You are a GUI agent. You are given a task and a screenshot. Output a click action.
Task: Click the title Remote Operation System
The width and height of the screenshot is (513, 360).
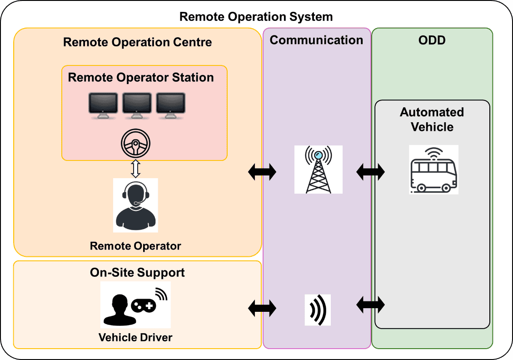click(x=256, y=17)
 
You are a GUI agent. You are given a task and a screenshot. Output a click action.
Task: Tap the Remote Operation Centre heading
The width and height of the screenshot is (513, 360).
click(x=137, y=42)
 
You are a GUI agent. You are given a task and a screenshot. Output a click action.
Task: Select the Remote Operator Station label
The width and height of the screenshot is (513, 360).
click(x=141, y=77)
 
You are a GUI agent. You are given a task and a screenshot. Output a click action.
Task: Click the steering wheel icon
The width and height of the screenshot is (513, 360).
click(x=135, y=145)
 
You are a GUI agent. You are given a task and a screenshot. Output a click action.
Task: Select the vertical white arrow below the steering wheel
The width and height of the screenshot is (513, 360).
click(x=135, y=168)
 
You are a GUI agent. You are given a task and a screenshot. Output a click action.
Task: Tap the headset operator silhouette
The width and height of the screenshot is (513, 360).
click(x=135, y=205)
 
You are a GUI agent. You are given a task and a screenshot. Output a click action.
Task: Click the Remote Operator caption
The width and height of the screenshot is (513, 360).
click(x=135, y=246)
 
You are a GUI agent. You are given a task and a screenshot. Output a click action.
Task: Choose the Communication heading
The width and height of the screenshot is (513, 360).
click(x=316, y=40)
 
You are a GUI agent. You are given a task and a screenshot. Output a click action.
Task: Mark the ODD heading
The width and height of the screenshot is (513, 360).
click(x=432, y=40)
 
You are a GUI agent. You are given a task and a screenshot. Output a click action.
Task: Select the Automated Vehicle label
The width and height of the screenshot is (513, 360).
click(x=432, y=119)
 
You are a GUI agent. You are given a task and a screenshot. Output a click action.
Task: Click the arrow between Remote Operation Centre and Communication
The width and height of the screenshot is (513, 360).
click(x=262, y=172)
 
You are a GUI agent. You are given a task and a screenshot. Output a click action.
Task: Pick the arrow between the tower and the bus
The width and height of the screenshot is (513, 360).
click(x=371, y=172)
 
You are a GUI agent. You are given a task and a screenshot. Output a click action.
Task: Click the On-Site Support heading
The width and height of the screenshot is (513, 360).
click(x=137, y=272)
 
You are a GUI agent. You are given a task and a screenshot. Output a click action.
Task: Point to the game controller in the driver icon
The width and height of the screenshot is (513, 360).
click(x=144, y=306)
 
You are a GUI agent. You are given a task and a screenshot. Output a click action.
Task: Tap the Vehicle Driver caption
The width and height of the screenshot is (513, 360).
click(x=135, y=337)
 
